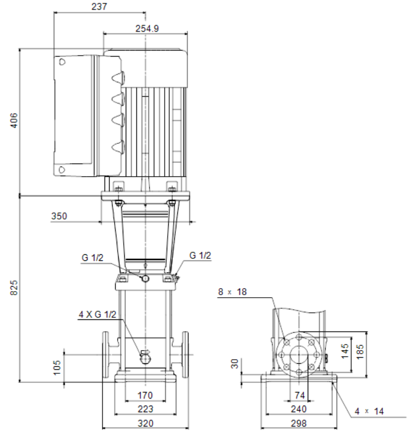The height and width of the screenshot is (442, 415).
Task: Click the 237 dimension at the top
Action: coord(100,7)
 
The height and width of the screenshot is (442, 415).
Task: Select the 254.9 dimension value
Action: coord(147,28)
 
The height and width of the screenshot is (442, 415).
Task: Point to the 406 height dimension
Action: coord(14,121)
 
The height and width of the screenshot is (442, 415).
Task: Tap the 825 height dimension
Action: coord(14,288)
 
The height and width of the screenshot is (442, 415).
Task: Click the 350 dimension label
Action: coord(59,216)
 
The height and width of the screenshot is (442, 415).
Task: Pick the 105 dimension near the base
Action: coord(57,367)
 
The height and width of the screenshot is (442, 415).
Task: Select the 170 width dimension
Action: coord(145,395)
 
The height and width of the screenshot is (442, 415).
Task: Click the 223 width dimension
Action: coord(146,409)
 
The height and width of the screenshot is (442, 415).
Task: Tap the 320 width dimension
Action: coord(146,423)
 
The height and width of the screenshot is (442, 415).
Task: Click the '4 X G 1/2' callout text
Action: coord(98,314)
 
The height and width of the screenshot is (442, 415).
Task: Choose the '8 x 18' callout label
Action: coord(233,292)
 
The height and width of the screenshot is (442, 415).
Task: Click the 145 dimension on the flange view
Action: coord(345,351)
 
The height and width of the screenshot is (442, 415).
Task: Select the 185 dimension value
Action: coord(360,351)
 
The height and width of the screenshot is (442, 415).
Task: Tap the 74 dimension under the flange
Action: coord(300,395)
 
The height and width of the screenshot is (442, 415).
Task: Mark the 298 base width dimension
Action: coord(299,423)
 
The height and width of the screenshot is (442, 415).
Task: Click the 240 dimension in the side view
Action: coord(299,409)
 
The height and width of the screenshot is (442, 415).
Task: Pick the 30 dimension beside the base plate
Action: coord(235,364)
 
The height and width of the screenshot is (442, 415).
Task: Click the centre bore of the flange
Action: coord(299,355)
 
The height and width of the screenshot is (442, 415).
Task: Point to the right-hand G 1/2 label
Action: coord(200,255)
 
